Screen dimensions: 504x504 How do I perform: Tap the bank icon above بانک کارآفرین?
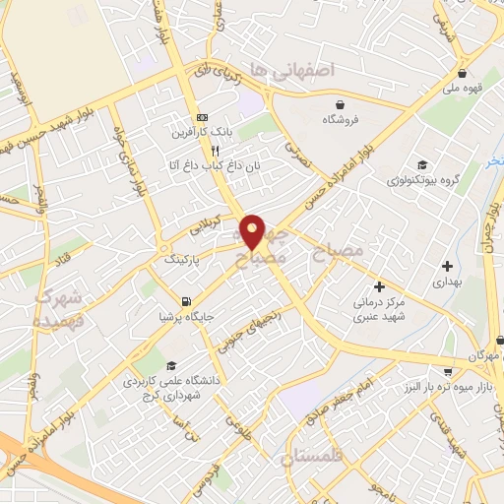coord(202,115)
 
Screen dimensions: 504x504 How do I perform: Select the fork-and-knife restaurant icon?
coord(201,152)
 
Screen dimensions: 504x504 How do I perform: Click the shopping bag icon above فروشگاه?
coord(340,103)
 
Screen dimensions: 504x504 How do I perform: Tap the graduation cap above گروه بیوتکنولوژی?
coord(422,164)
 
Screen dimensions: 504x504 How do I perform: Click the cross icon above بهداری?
coord(448,265)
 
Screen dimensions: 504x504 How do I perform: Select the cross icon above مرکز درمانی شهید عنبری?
coord(379,286)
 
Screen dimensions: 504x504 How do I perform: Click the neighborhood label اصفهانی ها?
coord(293,70)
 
